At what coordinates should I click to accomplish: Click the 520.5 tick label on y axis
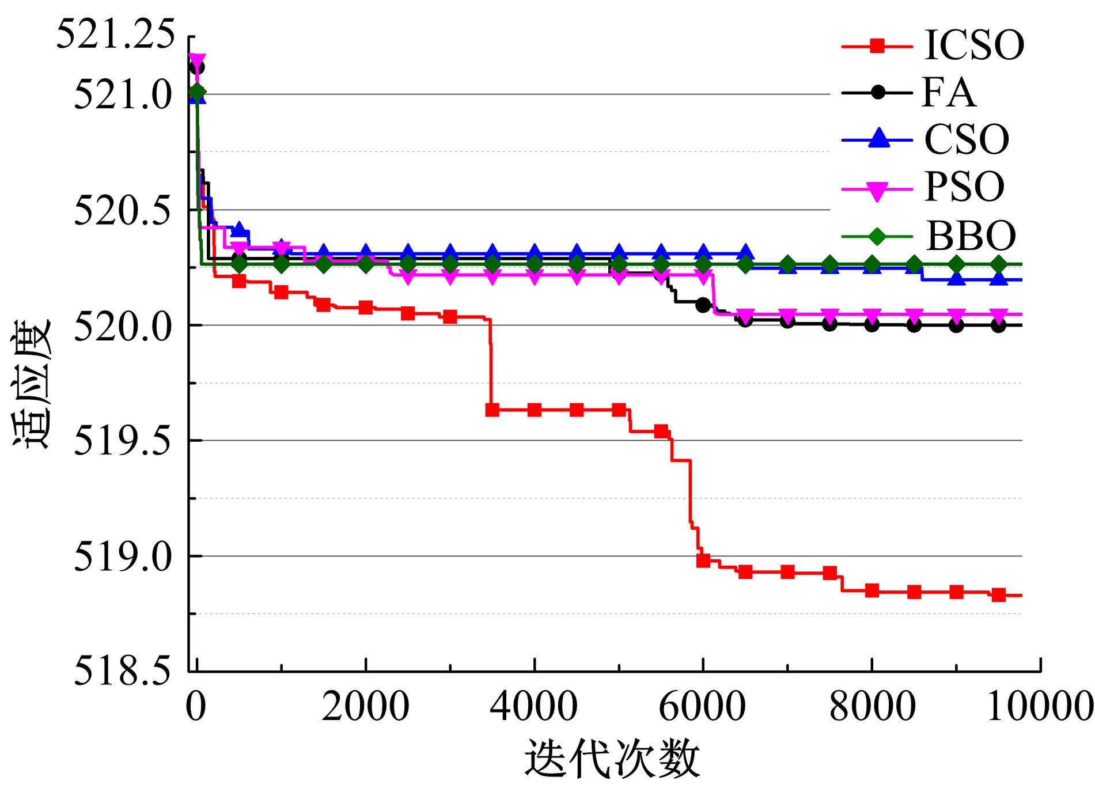(123, 210)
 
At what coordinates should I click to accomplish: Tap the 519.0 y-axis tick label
(123, 556)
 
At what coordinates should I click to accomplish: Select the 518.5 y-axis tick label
(123, 671)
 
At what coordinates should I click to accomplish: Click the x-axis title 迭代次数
(612, 760)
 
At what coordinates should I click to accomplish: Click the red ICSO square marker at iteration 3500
(492, 410)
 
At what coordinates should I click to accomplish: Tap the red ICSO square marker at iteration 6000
(703, 560)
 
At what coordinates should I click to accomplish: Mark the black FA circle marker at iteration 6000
(703, 305)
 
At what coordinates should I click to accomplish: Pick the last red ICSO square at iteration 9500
(998, 595)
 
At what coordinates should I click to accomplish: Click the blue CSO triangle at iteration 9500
(998, 279)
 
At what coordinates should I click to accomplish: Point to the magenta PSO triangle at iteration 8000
(872, 316)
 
